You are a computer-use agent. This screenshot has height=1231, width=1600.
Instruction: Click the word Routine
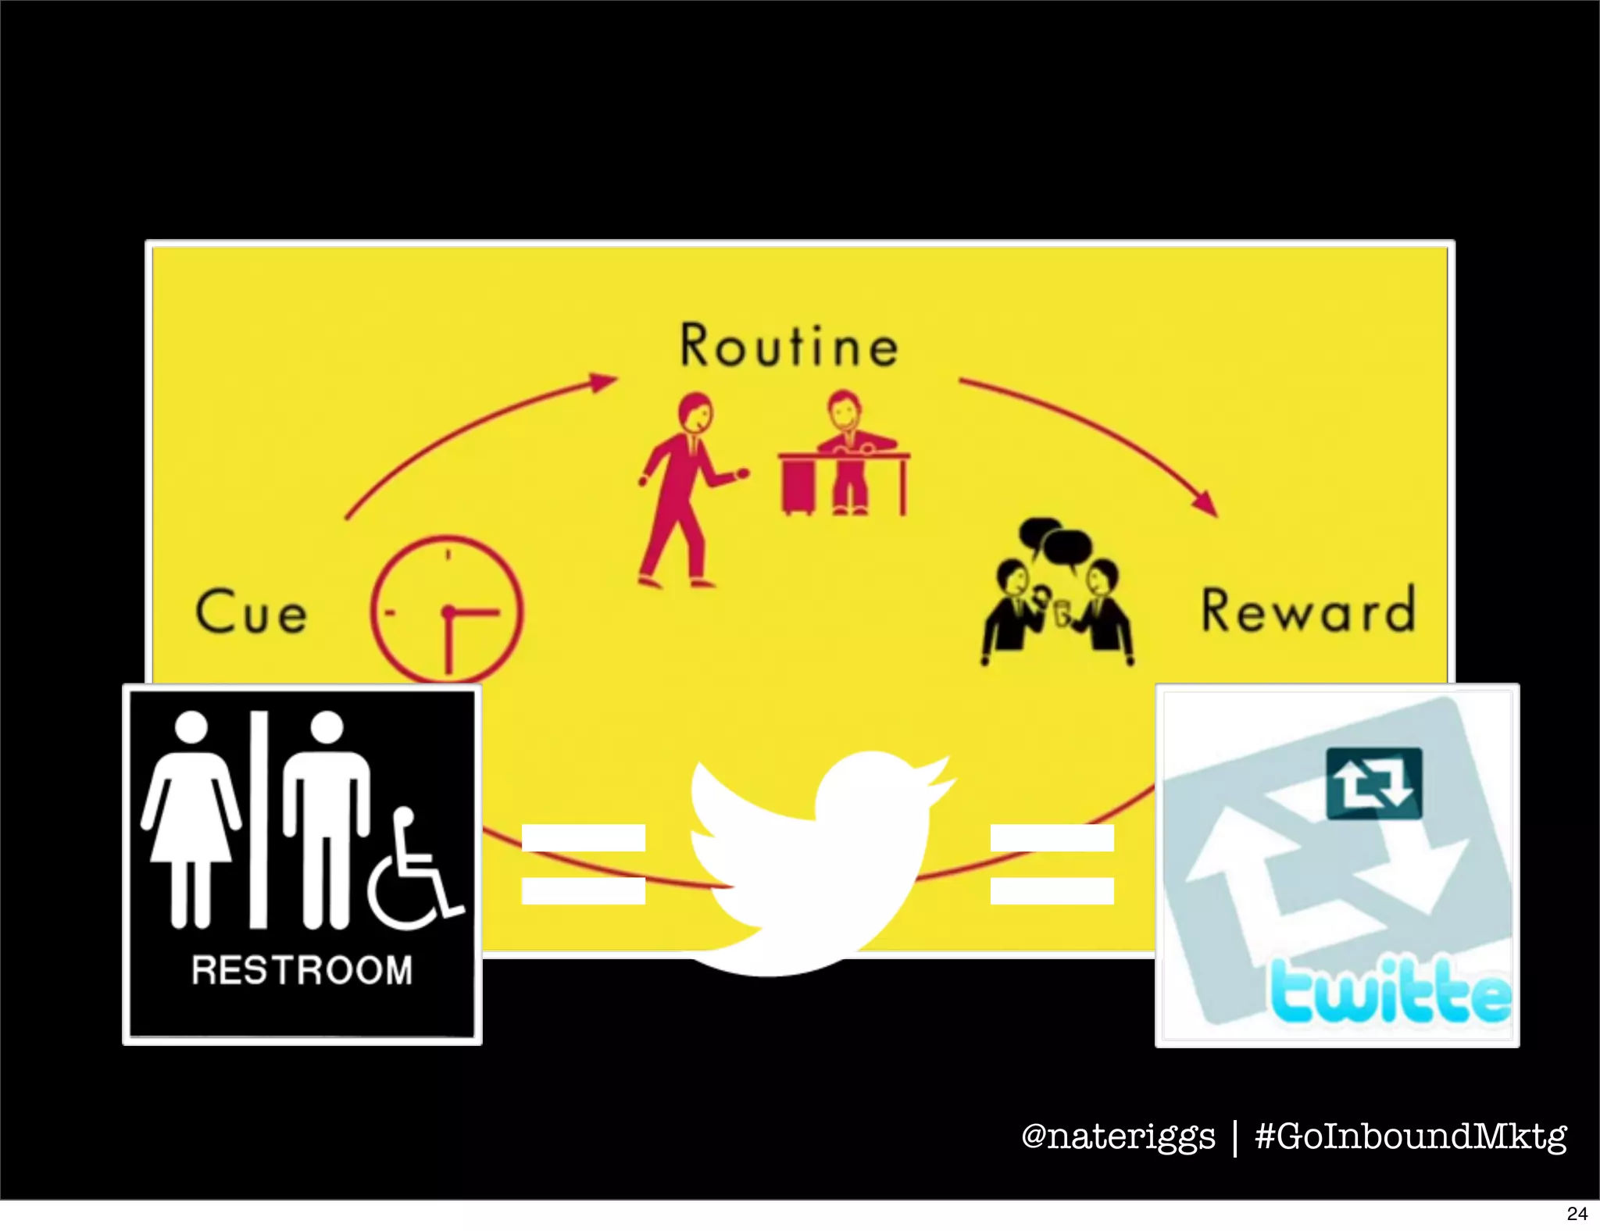click(789, 345)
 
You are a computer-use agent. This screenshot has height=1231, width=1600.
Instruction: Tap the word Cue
click(252, 612)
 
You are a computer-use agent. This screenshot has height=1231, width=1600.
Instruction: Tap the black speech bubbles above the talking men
click(1055, 540)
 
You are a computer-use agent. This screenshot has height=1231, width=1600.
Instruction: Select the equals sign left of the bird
click(583, 864)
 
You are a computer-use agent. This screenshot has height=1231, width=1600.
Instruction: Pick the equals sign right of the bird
click(1052, 864)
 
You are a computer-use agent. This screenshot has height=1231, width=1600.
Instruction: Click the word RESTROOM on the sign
click(302, 971)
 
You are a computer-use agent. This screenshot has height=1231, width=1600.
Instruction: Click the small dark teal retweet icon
click(1374, 783)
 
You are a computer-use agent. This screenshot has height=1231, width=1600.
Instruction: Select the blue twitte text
click(1391, 993)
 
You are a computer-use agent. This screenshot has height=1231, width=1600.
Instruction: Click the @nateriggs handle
click(1118, 1136)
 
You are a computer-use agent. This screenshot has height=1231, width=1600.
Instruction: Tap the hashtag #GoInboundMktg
click(1411, 1136)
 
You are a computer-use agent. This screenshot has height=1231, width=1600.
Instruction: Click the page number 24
click(1577, 1213)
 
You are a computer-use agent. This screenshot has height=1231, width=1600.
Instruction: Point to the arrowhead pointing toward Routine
click(603, 382)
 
